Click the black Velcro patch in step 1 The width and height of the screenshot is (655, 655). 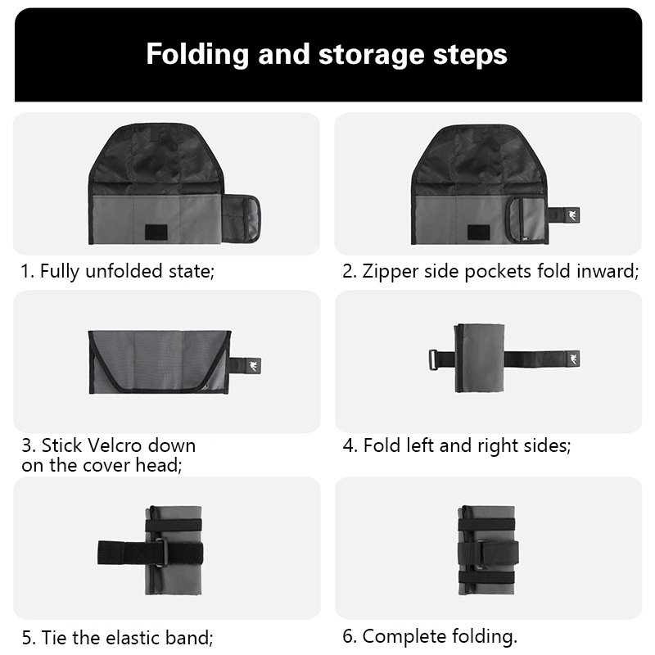pyautogui.click(x=156, y=233)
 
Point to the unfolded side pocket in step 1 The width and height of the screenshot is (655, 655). pyautogui.click(x=240, y=219)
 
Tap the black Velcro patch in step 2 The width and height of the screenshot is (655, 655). pyautogui.click(x=479, y=233)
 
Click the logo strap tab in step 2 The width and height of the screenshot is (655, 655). pyautogui.click(x=563, y=215)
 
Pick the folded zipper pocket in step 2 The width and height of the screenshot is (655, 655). pyautogui.click(x=526, y=219)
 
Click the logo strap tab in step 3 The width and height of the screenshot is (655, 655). pyautogui.click(x=245, y=366)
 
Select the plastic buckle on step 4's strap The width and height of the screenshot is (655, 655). pyautogui.click(x=433, y=359)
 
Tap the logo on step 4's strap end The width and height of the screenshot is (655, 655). pyautogui.click(x=572, y=359)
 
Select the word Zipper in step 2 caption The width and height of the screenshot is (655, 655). pyautogui.click(x=390, y=272)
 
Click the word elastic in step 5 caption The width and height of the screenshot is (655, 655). pyautogui.click(x=133, y=638)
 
